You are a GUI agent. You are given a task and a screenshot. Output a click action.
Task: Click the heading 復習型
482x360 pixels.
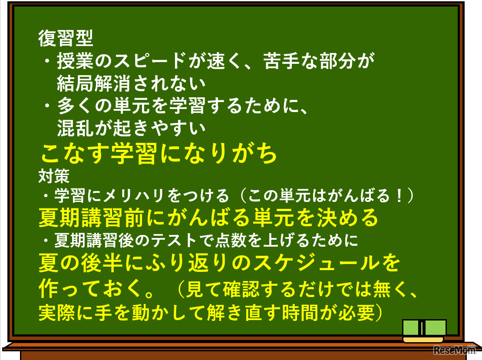coord(66,39)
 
